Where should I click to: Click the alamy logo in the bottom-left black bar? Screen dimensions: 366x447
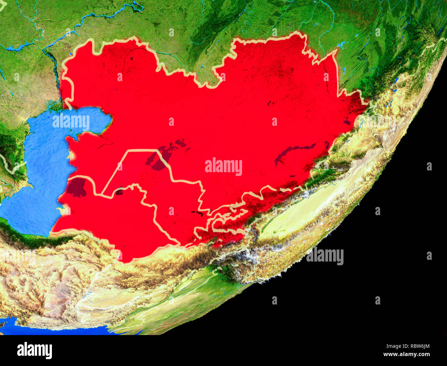tap(34, 351)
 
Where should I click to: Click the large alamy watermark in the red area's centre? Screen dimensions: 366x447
tap(223, 167)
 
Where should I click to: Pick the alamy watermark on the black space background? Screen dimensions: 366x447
tap(325, 256)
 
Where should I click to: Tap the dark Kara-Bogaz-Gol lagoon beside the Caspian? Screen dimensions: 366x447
tap(76, 187)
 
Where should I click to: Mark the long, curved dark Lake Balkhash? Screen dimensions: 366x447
tap(292, 151)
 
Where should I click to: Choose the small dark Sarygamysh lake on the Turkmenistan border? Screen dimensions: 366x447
tap(119, 191)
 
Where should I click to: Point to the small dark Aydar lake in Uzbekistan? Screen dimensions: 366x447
tap(198, 213)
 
